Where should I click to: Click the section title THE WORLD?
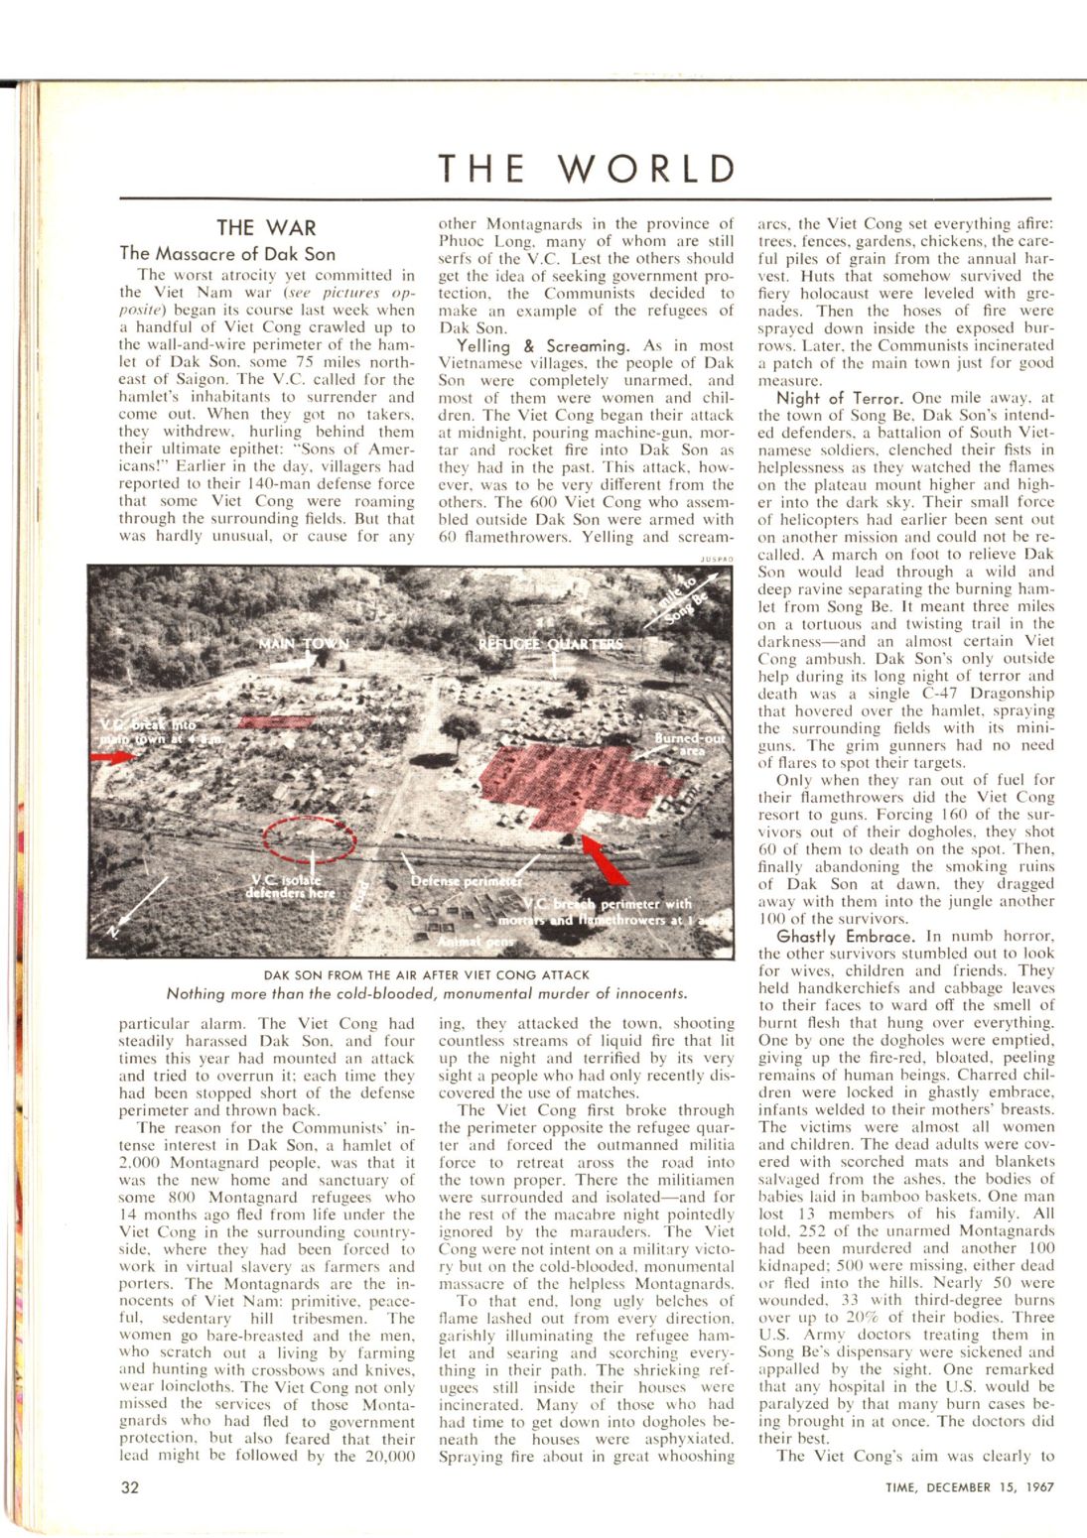(x=588, y=169)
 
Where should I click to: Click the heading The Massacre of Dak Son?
(x=227, y=254)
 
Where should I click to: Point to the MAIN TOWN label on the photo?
(x=304, y=644)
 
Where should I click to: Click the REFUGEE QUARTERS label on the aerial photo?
(x=551, y=644)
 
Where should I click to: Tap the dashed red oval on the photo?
(x=309, y=838)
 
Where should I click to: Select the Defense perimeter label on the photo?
(x=466, y=881)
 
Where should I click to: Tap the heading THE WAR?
(x=266, y=228)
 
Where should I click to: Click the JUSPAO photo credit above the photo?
(x=716, y=560)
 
